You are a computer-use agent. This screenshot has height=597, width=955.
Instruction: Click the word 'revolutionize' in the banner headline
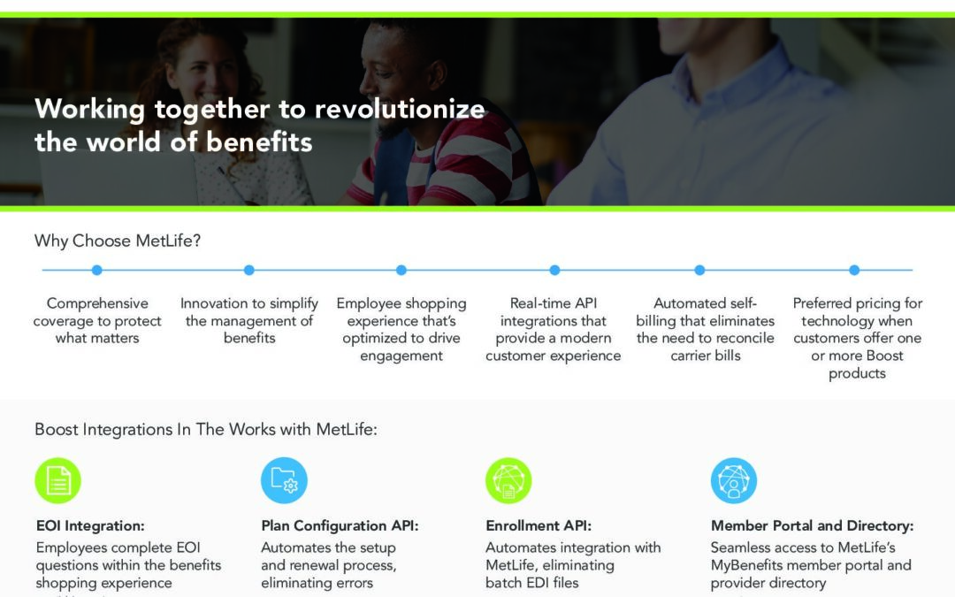[x=400, y=109]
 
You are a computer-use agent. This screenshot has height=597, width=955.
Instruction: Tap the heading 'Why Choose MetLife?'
[x=118, y=241]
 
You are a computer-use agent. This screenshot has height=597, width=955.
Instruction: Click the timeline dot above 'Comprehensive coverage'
[x=97, y=270]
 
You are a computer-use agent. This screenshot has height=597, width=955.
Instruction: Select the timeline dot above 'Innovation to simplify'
[x=249, y=270]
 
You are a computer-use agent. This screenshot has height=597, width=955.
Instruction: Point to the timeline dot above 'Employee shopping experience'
[x=401, y=270]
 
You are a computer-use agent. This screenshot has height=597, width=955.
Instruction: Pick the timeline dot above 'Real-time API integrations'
[x=554, y=270]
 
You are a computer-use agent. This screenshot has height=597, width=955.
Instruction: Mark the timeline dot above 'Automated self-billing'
[x=699, y=270]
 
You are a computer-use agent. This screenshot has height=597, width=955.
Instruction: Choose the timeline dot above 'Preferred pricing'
[x=854, y=270]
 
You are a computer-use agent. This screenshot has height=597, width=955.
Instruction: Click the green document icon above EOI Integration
[x=57, y=480]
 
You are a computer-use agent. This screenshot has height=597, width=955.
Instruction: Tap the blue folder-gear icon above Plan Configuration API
[x=284, y=480]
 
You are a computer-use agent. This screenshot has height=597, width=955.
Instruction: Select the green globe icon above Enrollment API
[x=508, y=480]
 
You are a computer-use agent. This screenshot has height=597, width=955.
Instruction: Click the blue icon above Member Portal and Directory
[x=734, y=480]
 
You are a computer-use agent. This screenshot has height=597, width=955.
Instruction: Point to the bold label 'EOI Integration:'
[x=90, y=525]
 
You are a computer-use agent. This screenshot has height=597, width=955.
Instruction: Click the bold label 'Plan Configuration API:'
[x=340, y=525]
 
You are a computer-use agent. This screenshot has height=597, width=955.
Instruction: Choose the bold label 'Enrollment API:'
[x=539, y=525]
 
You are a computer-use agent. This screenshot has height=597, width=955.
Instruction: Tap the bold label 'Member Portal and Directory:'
[x=813, y=525]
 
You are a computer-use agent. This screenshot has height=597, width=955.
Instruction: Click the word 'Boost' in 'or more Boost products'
[x=884, y=356]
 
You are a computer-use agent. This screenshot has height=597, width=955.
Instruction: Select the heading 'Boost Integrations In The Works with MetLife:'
[x=206, y=430]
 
